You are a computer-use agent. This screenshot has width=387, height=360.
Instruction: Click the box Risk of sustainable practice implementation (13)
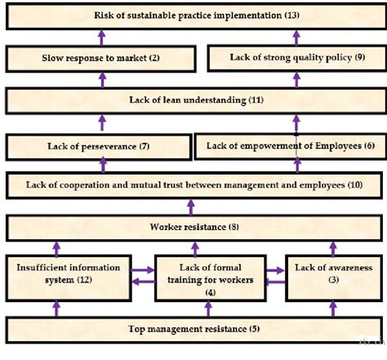(194, 15)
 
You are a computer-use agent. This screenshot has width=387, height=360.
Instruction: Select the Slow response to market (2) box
(102, 58)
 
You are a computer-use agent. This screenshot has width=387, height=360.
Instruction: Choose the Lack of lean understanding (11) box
(194, 100)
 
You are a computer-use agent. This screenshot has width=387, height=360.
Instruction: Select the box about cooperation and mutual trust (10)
(194, 184)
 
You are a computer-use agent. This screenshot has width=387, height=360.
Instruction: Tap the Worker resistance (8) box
(194, 226)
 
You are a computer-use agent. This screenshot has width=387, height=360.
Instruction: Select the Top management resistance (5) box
(194, 330)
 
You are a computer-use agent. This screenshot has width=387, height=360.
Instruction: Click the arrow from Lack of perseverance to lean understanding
(102, 123)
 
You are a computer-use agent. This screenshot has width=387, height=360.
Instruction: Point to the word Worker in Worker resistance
(169, 226)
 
